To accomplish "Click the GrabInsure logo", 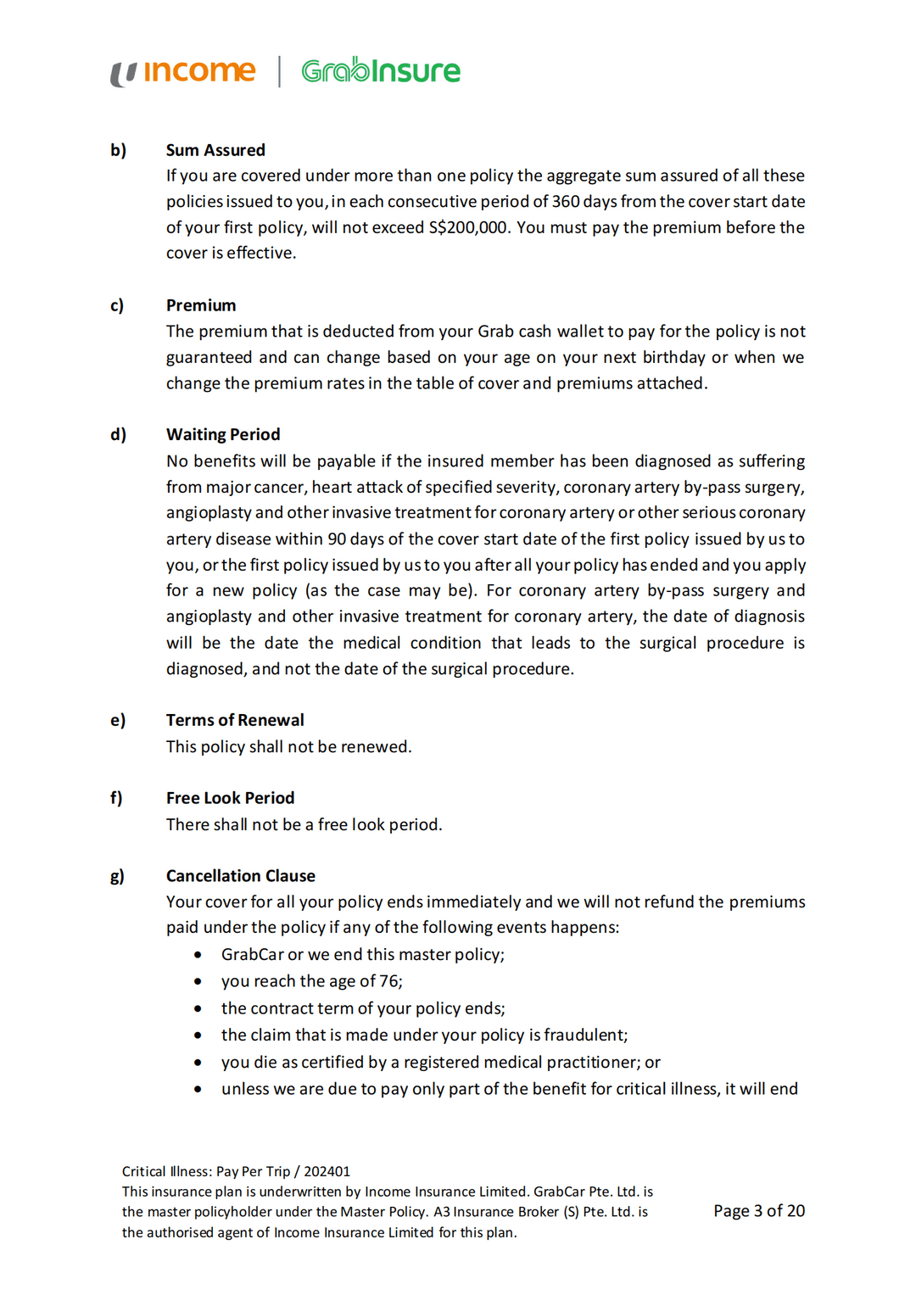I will click(381, 71).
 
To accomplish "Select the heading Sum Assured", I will click(215, 150).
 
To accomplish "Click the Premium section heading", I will click(201, 305).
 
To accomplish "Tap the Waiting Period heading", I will click(223, 434).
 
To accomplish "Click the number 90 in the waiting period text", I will click(337, 539).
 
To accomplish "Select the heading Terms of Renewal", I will click(235, 720).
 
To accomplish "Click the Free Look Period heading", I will click(231, 798).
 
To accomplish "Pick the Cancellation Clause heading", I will click(241, 876).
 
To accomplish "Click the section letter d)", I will click(118, 434).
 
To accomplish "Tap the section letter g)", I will click(117, 876).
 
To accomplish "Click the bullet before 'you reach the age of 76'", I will click(198, 981).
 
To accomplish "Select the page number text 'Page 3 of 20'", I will click(758, 1211).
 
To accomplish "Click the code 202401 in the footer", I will click(327, 1171).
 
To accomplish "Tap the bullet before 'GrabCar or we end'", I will click(198, 955).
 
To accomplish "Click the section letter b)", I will click(118, 150).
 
